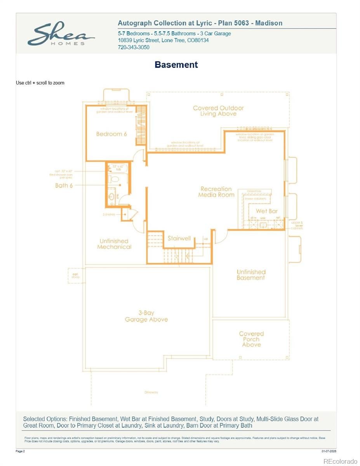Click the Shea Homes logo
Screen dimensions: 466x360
(61, 35)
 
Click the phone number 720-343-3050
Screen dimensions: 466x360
(133, 47)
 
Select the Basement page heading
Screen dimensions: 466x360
(176, 65)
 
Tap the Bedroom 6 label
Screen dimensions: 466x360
(111, 134)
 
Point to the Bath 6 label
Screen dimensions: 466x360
(64, 186)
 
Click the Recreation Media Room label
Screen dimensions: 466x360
(216, 192)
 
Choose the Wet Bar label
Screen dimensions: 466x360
(266, 211)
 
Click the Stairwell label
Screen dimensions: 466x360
(179, 238)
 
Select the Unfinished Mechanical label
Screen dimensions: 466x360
(114, 244)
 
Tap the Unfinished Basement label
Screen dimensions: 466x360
(251, 275)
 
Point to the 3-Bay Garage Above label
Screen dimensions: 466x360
(146, 316)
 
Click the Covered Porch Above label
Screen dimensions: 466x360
(251, 339)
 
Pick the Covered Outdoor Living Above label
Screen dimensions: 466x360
(218, 111)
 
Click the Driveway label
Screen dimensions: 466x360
(151, 392)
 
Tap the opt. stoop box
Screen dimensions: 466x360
(75, 275)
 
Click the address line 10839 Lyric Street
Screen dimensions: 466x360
(163, 40)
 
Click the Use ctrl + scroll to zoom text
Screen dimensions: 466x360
(40, 83)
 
